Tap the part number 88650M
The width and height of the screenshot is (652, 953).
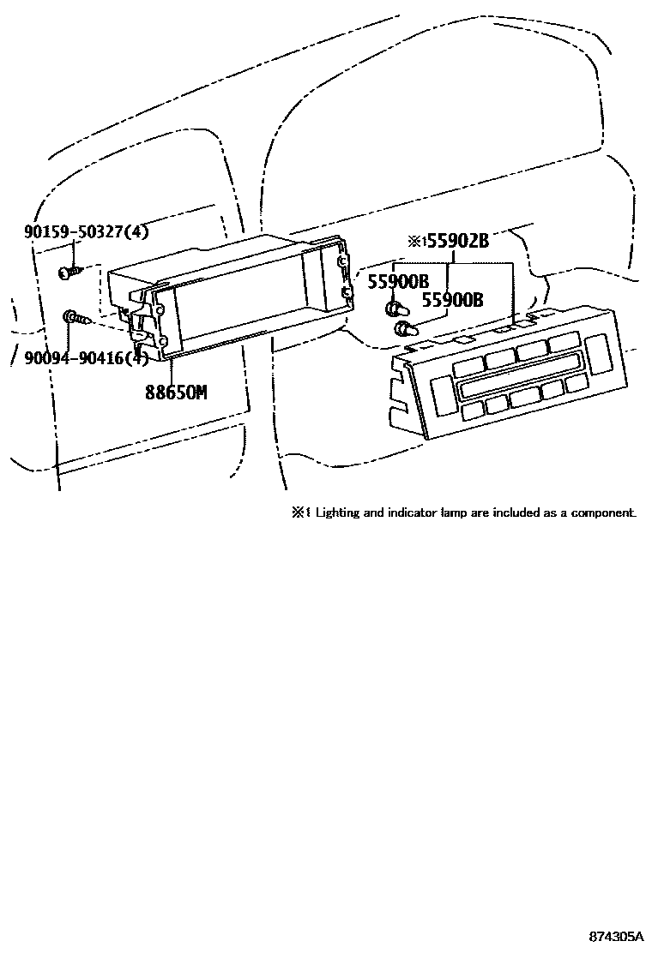click(x=176, y=393)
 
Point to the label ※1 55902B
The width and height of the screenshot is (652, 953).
click(x=448, y=242)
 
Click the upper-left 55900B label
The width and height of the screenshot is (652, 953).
click(x=397, y=280)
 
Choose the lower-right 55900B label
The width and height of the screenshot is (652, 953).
click(x=451, y=300)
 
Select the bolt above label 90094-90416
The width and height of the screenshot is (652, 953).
click(x=74, y=320)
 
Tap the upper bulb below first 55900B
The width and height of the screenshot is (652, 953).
click(x=395, y=308)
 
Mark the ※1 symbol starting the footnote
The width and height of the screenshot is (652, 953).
click(x=300, y=513)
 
